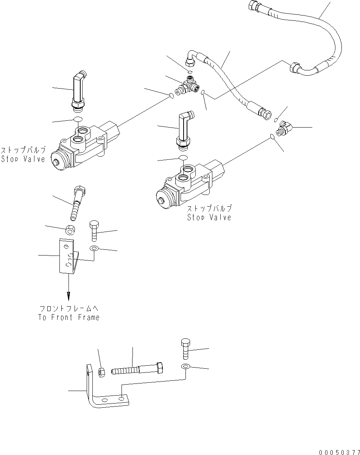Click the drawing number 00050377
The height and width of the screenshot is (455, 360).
339,452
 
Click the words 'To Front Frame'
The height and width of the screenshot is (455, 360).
69,317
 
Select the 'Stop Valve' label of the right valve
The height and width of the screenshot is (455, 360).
209,217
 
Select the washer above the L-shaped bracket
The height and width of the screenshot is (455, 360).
185,366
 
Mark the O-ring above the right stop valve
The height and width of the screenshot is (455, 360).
183,157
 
